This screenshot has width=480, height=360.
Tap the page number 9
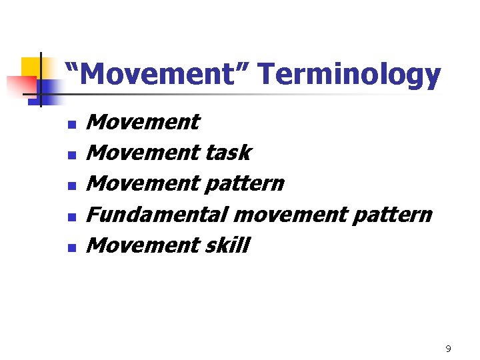tap(448, 349)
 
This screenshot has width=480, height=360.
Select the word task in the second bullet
tap(227, 153)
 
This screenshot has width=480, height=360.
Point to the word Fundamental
tap(157, 215)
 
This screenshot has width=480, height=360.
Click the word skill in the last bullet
tap(227, 245)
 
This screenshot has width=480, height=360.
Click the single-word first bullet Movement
tap(143, 122)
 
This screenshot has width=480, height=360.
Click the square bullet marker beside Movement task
tap(72, 155)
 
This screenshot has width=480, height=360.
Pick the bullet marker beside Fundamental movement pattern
tap(72, 217)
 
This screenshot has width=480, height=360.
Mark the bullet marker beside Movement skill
tap(72, 247)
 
